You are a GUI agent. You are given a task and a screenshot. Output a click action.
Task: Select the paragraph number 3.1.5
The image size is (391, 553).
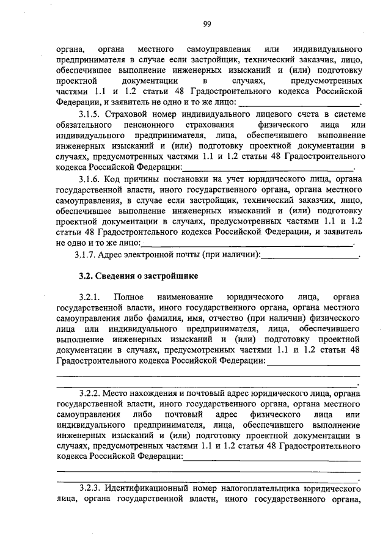coord(90,114)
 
